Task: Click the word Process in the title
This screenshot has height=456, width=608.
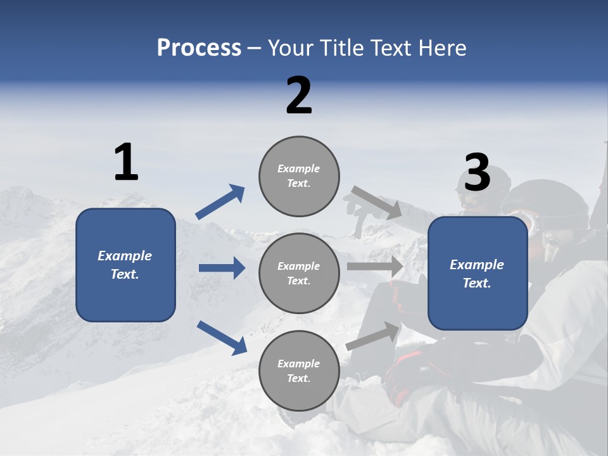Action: [x=199, y=48]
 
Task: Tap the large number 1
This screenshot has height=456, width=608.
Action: [x=126, y=163]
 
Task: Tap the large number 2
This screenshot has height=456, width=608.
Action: [x=299, y=96]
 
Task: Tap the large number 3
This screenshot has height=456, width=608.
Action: [x=477, y=172]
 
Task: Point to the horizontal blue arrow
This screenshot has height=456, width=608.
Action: [x=222, y=268]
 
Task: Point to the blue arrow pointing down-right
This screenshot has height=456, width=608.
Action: [x=222, y=338]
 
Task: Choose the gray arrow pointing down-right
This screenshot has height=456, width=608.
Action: [x=377, y=203]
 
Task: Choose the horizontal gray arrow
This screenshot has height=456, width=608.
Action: [x=375, y=266]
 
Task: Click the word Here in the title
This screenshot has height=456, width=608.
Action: [x=441, y=48]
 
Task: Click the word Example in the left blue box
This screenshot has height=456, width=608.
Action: [x=125, y=256]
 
